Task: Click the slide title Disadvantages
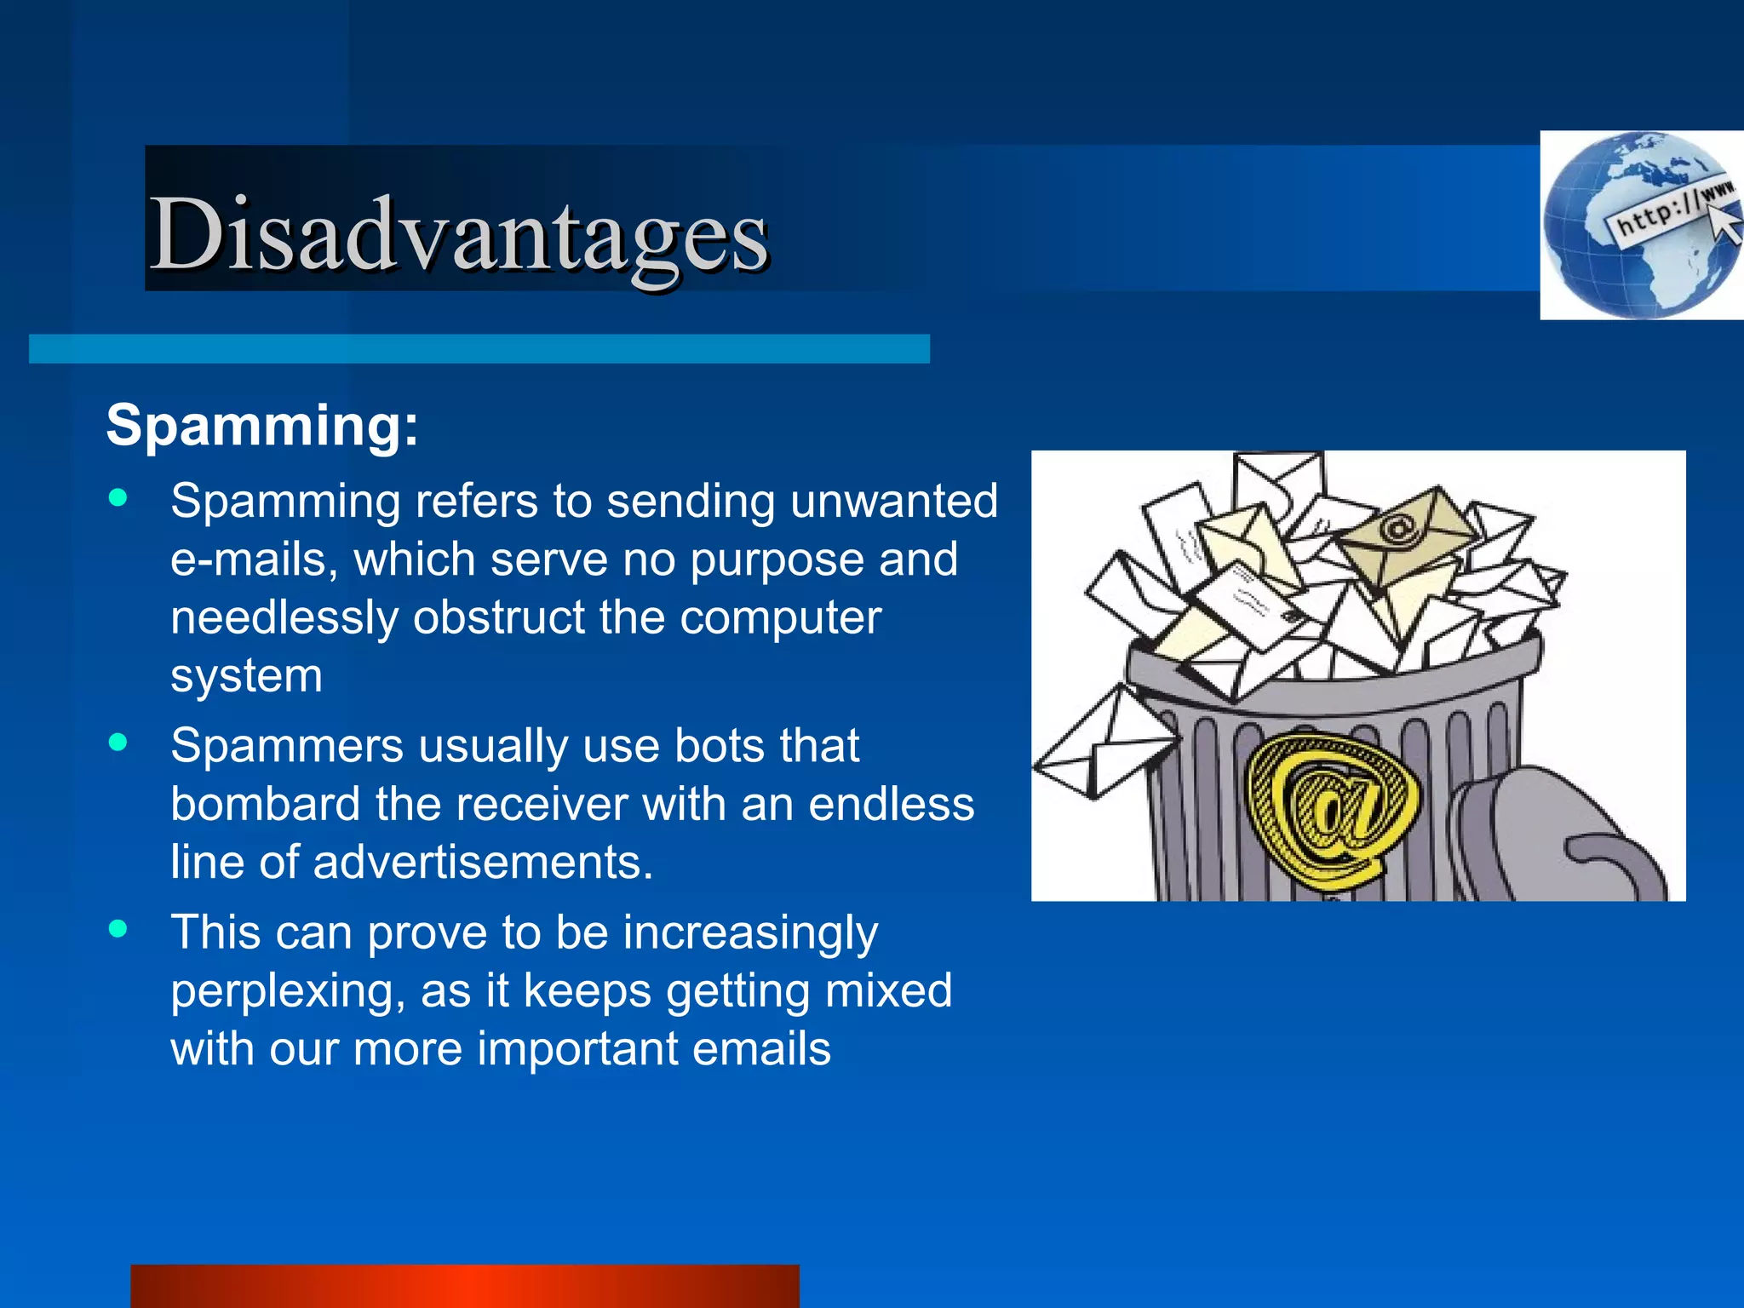(460, 233)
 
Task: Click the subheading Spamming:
(262, 425)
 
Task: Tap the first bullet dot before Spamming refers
(118, 498)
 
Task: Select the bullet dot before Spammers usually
(118, 743)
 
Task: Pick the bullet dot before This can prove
(118, 929)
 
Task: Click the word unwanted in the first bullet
(893, 501)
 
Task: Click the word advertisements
(482, 863)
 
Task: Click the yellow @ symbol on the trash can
(1330, 809)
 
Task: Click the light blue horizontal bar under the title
(479, 349)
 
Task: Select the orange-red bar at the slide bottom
(464, 1286)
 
